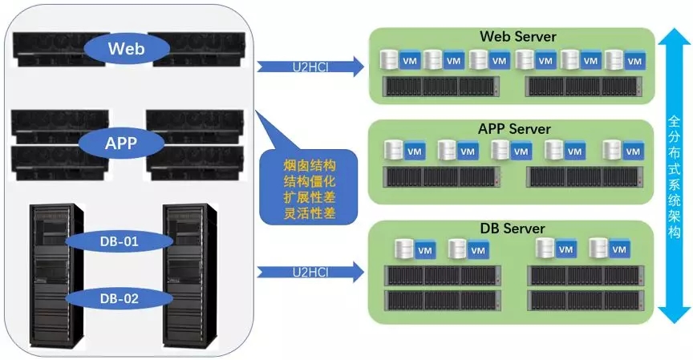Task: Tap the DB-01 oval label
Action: pyautogui.click(x=120, y=240)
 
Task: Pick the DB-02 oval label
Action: pyautogui.click(x=120, y=299)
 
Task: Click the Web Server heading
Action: pyautogui.click(x=517, y=37)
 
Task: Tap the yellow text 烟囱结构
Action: pyautogui.click(x=308, y=164)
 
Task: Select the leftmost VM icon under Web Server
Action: pyautogui.click(x=409, y=60)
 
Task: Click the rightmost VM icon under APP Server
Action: pyautogui.click(x=634, y=150)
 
